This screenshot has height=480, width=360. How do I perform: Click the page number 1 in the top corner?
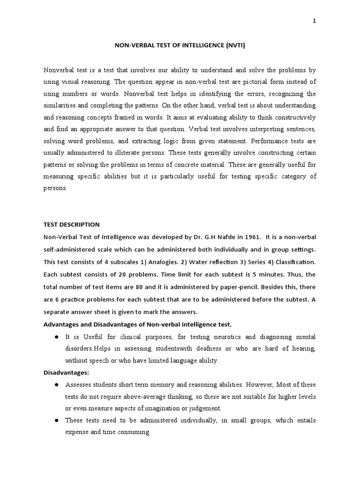[x=314, y=21]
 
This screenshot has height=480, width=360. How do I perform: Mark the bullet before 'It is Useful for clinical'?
[x=56, y=337]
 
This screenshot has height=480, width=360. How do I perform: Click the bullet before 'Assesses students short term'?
[x=56, y=384]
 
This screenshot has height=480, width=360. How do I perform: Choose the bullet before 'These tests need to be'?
[x=56, y=420]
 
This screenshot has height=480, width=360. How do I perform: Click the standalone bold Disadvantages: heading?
[x=66, y=372]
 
